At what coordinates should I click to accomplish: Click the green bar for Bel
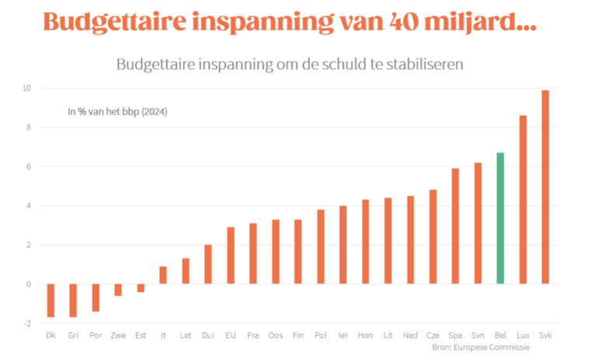tap(501, 218)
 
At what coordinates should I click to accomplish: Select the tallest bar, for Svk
tap(545, 187)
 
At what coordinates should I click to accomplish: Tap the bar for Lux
tap(523, 200)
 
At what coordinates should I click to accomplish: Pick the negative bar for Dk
tap(51, 300)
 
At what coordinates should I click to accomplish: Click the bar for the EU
tap(230, 256)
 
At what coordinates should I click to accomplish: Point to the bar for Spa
tap(456, 226)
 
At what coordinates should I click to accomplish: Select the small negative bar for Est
tap(141, 288)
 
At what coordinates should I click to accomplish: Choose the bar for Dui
tap(208, 264)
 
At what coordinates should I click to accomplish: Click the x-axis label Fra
tap(253, 335)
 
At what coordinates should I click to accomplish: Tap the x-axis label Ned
tap(410, 335)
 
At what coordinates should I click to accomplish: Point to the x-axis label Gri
tap(73, 335)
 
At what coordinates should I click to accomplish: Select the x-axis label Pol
tap(320, 335)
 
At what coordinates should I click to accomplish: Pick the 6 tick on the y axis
tap(27, 167)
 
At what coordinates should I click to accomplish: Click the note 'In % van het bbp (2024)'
tap(117, 112)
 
